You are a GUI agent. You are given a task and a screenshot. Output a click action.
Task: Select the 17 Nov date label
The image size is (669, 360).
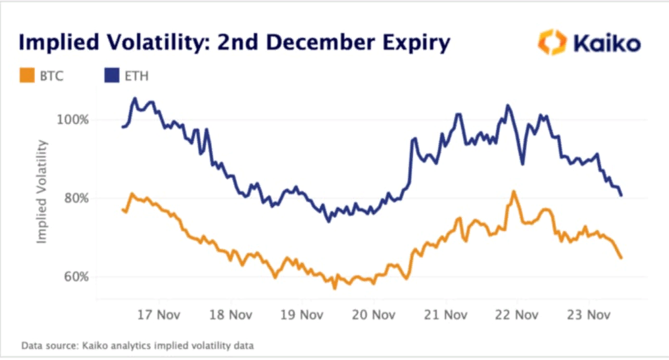pos(158,315)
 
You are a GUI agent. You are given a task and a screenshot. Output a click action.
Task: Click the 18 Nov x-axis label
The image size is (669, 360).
pos(230,315)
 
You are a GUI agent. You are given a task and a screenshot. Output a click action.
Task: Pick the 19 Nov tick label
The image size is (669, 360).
pos(302,315)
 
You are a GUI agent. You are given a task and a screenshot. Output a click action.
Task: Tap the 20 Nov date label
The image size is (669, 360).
pos(374,315)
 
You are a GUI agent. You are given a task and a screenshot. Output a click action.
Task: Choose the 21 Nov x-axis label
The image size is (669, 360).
pos(446,315)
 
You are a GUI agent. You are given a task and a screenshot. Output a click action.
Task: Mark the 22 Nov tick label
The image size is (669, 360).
pos(517,315)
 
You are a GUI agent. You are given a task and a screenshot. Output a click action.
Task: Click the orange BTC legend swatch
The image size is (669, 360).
pos(27,75)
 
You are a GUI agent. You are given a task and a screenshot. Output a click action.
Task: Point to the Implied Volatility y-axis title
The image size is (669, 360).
pos(42,191)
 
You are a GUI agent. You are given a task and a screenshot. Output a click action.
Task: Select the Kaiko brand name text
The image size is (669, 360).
pos(607,43)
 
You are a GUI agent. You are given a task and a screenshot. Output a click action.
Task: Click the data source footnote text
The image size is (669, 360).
pos(137,345)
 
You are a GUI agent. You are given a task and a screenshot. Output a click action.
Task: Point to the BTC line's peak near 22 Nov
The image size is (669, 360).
pos(514,192)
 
